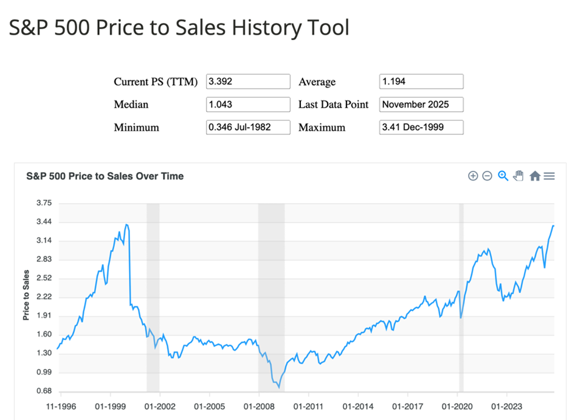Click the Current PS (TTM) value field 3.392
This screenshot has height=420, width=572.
point(248,81)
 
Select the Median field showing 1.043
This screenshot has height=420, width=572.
point(248,105)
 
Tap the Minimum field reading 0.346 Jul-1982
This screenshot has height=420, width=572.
point(248,128)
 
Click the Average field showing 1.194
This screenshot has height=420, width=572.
point(421,81)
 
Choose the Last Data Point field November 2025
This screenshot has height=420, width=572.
point(421,105)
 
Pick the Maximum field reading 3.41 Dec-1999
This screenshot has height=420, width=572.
point(421,128)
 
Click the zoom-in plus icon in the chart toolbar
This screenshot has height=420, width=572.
point(473,176)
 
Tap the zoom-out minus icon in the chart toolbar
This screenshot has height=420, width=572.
point(487,176)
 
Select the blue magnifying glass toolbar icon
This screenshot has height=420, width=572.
point(503,176)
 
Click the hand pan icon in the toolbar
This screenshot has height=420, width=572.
point(519,176)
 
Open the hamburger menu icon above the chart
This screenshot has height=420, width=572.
point(550,176)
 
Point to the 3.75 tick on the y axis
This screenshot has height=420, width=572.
point(44,203)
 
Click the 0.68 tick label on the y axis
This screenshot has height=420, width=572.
point(44,391)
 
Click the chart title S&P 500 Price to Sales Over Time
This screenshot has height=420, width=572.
point(105,176)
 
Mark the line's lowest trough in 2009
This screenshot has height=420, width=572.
point(279,387)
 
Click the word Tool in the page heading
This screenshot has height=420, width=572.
point(329,27)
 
